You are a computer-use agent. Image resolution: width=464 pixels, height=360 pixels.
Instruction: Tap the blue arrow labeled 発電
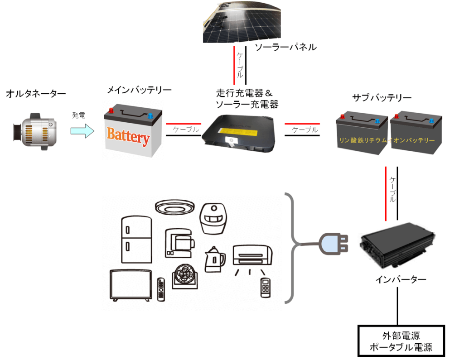coord(82,131)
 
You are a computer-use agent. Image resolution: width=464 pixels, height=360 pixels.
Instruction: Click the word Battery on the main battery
coord(128,136)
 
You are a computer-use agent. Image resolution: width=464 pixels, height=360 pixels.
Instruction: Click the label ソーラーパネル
coord(285,48)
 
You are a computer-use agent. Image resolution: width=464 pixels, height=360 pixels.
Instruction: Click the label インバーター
coord(401,279)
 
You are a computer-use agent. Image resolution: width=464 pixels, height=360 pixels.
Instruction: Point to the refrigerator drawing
coord(136,240)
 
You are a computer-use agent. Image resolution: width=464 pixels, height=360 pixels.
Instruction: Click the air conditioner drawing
coord(253,256)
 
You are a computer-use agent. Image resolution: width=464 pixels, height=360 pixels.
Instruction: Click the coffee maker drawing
coord(180,242)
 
